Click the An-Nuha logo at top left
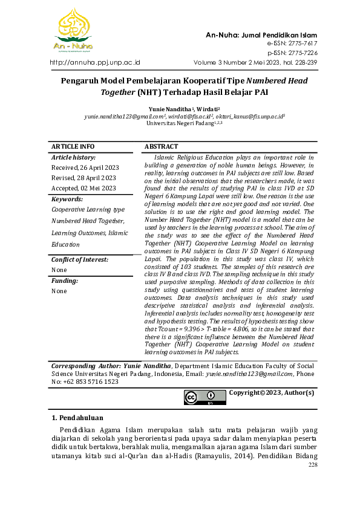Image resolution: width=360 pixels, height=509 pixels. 73,30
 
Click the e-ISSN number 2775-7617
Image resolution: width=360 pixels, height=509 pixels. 300,44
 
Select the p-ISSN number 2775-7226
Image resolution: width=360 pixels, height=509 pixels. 300,53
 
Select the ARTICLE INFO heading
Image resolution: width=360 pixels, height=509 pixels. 73,147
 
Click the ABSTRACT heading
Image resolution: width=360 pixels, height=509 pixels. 162,147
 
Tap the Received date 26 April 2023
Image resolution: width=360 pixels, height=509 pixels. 85,167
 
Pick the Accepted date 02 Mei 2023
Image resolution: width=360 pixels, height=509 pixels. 83,188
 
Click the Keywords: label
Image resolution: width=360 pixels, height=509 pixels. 67,199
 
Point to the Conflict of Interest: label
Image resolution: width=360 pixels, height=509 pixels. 80,259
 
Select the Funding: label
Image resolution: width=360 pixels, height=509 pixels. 65,280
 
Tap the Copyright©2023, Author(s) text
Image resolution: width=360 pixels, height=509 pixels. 271,393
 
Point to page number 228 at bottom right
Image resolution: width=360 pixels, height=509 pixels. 312,465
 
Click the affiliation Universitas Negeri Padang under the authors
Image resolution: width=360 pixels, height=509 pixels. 180,123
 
